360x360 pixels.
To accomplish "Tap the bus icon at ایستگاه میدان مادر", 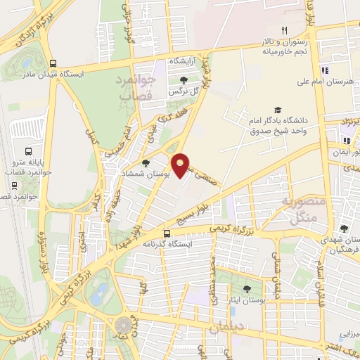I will [x=53, y=62].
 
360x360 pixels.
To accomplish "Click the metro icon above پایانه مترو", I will [x=28, y=151].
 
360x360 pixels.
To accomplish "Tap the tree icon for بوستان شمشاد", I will [x=155, y=164].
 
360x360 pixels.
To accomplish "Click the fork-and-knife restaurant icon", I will [x=284, y=30].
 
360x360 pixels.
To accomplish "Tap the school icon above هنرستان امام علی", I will [x=324, y=70].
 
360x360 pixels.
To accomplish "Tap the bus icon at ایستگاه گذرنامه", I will [x=167, y=234].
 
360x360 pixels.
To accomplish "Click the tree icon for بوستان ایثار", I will [x=245, y=289].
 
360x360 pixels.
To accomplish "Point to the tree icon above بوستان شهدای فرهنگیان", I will [x=344, y=229].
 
